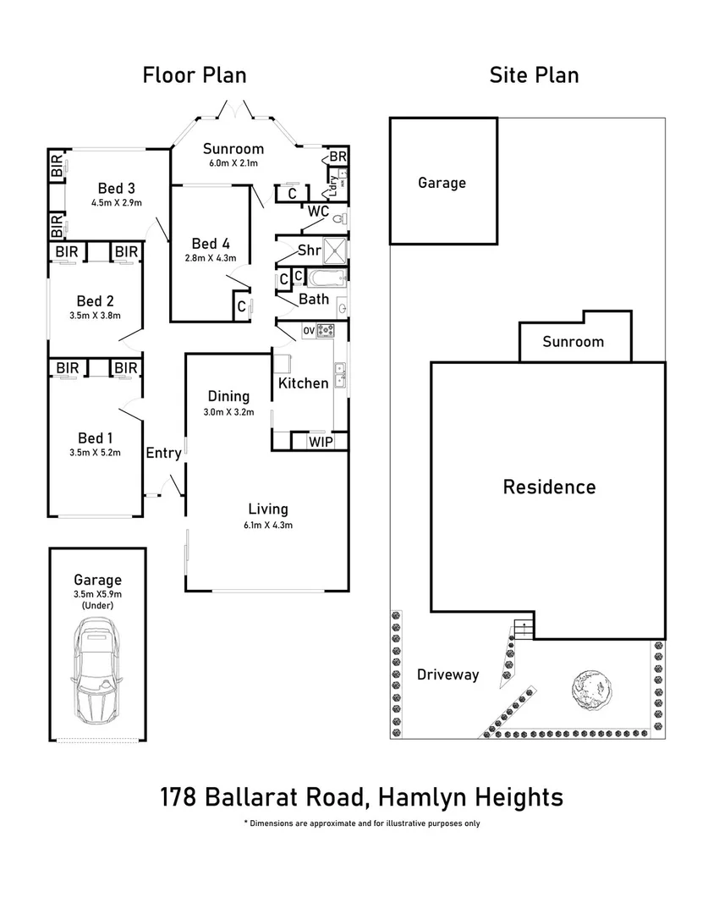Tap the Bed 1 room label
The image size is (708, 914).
pyautogui.click(x=95, y=438)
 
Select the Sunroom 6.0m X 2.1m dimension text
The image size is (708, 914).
pyautogui.click(x=233, y=163)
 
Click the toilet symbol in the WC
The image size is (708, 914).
pyautogui.click(x=339, y=220)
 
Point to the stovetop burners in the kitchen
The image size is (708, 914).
pyautogui.click(x=325, y=331)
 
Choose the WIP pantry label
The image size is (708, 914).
pyautogui.click(x=321, y=442)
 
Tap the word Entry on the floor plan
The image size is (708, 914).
pyautogui.click(x=163, y=453)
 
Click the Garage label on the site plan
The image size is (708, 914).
pyautogui.click(x=442, y=182)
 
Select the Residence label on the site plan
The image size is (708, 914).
pyautogui.click(x=549, y=487)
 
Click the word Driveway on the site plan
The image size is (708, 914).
pyautogui.click(x=447, y=674)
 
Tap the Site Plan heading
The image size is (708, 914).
pyautogui.click(x=534, y=74)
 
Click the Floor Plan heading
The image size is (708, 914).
pyautogui.click(x=194, y=74)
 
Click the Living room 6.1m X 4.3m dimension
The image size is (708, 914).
pyautogui.click(x=268, y=525)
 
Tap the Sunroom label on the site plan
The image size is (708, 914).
pyautogui.click(x=573, y=342)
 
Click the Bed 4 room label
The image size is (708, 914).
pyautogui.click(x=211, y=242)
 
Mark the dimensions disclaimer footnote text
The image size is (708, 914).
pyautogui.click(x=361, y=823)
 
